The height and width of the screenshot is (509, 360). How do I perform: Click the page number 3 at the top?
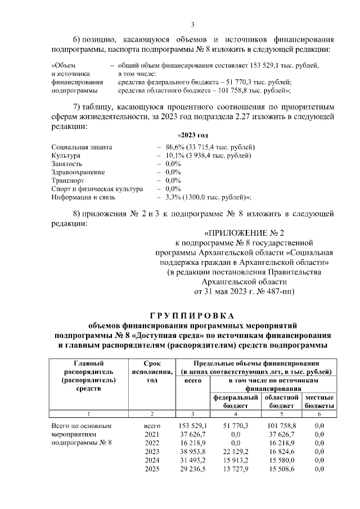click(192, 25)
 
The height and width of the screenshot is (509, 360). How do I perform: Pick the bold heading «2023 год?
click(193, 136)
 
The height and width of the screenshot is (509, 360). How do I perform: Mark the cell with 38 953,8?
click(192, 451)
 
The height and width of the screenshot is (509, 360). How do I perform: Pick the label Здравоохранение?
click(78, 172)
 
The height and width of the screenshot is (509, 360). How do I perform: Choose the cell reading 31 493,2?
click(192, 460)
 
